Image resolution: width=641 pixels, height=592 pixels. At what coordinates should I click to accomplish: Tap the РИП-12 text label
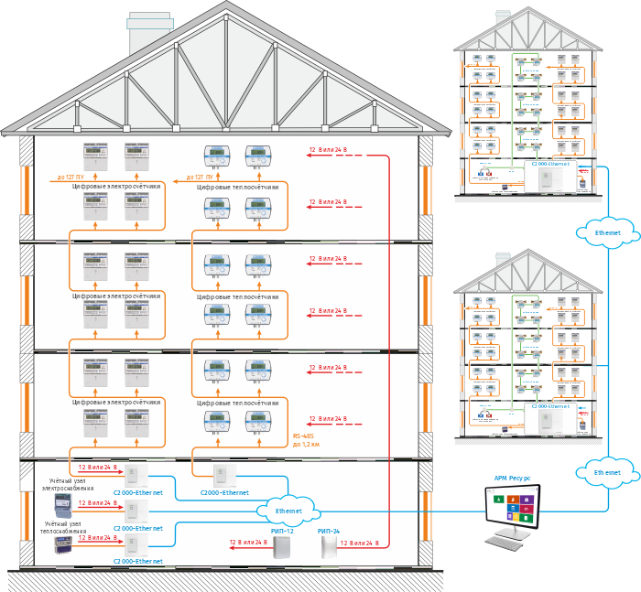282,531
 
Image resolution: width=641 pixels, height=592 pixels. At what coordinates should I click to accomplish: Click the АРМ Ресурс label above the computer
512,479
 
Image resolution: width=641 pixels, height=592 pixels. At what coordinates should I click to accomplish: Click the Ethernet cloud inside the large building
288,511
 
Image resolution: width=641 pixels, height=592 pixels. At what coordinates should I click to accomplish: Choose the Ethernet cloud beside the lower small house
607,472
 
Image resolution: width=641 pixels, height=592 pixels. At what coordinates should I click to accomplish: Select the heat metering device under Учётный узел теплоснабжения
60,546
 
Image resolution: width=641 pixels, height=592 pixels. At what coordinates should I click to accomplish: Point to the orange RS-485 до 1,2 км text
309,440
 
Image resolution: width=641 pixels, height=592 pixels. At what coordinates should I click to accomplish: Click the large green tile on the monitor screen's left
497,501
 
